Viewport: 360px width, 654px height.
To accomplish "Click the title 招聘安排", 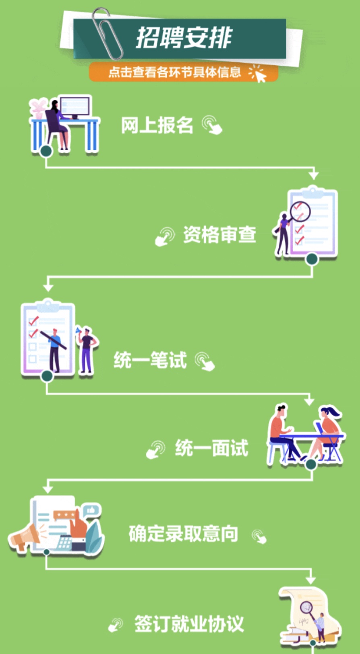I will pos(184,38).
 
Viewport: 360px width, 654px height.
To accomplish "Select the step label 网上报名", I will pos(157,125).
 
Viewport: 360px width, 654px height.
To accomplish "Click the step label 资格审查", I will pos(219,235).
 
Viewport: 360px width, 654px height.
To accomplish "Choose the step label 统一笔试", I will pos(150,360).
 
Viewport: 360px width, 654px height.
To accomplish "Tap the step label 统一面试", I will pos(211,448).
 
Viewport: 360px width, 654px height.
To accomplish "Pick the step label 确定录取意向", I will pos(184,534).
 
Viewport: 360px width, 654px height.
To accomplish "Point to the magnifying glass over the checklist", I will pos(300,211).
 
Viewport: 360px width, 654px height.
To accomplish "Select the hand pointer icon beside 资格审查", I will pos(164,236).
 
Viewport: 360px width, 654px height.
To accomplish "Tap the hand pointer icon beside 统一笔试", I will pos(205,361).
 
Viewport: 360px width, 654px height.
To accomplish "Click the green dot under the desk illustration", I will pos(46,151).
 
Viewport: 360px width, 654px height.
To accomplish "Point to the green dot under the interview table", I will pos(310,464).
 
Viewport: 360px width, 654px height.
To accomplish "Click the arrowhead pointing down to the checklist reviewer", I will pos(313,175).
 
